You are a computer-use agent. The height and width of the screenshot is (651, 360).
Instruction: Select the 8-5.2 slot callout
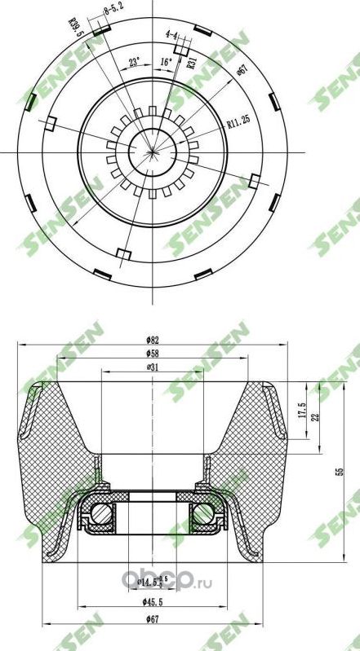click(x=113, y=11)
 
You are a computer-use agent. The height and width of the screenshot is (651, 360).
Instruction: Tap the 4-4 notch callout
click(x=171, y=35)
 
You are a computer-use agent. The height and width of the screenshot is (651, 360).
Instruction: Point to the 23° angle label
click(x=135, y=60)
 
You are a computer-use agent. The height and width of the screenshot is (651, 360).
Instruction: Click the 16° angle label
click(x=166, y=60)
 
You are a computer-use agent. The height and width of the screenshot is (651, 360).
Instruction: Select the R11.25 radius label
click(x=240, y=124)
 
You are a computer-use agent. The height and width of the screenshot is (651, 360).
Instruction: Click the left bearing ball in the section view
click(x=102, y=514)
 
